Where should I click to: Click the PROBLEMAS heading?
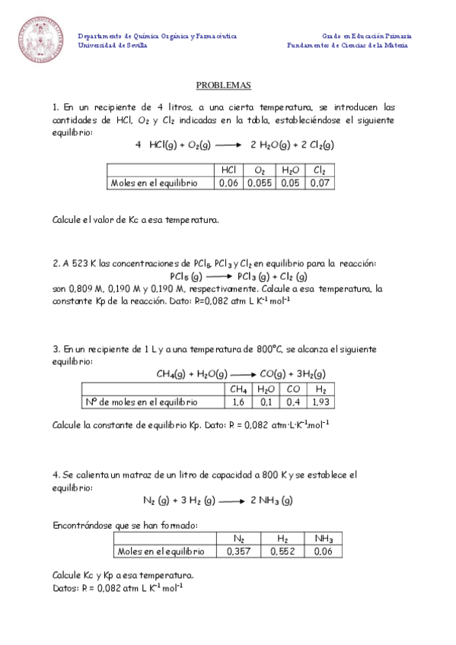(223, 86)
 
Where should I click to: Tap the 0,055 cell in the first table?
(259, 183)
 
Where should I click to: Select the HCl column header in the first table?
(228, 170)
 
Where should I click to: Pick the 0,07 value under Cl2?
(320, 183)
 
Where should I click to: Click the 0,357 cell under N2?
(239, 551)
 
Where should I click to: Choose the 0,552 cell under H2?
(282, 551)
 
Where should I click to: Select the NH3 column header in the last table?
(324, 539)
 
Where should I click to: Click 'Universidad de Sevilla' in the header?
(113, 45)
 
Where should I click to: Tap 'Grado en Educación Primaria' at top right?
(367, 36)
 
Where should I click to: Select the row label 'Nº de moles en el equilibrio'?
(141, 402)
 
